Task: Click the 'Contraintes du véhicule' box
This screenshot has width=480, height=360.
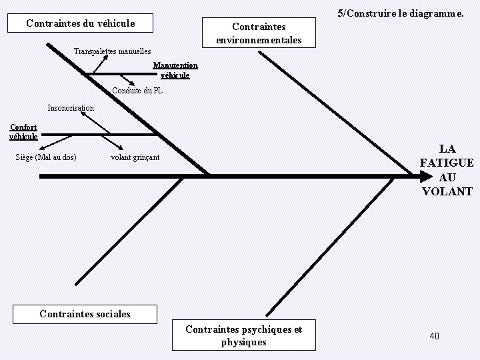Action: coord(80,23)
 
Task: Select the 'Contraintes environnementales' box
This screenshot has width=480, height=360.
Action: coord(259,33)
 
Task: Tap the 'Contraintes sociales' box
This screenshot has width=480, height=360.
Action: coord(85,314)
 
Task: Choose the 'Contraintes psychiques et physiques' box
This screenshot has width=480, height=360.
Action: coord(243,335)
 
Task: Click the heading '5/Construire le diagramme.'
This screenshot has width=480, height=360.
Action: coord(401,13)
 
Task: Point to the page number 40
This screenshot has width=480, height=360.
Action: coord(435,336)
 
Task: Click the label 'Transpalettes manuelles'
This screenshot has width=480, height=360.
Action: coord(112,51)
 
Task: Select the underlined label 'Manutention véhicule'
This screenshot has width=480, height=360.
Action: coord(175,70)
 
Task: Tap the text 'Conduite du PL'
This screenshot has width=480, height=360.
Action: coord(137,91)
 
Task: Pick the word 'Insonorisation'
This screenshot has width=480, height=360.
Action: coord(71,108)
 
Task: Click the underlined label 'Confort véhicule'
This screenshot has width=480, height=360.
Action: coord(23,131)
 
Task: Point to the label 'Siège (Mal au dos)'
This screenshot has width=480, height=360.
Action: coord(45,157)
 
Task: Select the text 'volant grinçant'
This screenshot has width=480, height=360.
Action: coord(135,157)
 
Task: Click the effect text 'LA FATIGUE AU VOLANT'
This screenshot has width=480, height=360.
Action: coord(447,170)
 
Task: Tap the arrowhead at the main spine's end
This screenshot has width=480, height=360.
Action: coord(425,177)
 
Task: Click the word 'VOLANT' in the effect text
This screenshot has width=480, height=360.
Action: coord(447,191)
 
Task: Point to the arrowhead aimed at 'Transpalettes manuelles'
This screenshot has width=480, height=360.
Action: coord(105,58)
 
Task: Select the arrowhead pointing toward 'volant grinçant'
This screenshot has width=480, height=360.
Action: coord(120,147)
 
